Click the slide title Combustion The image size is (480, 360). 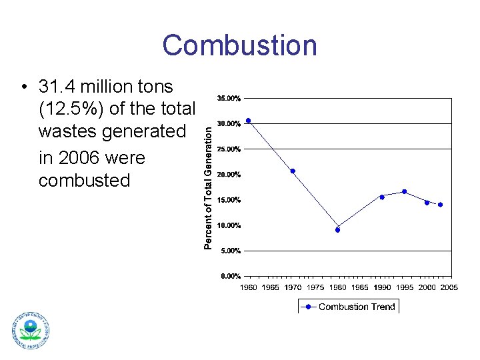tap(239, 45)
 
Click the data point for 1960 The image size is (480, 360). tap(248, 121)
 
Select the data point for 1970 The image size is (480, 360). tap(293, 171)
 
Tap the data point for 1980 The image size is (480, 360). tap(337, 230)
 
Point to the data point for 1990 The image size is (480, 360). tap(382, 197)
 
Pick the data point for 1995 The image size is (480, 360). tap(405, 191)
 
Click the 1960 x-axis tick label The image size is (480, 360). tap(248, 287)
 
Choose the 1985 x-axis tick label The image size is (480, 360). tap(360, 287)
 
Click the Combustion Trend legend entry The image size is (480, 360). tap(348, 307)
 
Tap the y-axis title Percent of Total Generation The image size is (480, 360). tap(208, 180)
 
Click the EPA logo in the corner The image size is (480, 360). tap(30, 331)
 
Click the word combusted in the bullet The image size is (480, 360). tap(85, 180)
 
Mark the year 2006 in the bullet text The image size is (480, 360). tap(77, 158)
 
